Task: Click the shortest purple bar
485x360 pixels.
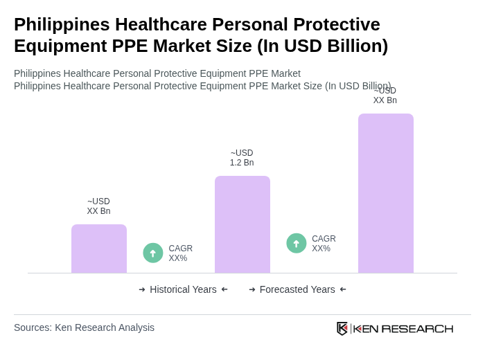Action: pos(99,249)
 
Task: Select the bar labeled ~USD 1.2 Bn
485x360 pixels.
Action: pos(242,224)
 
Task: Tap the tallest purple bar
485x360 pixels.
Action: pos(386,193)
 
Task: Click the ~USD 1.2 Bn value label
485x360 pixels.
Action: pos(242,158)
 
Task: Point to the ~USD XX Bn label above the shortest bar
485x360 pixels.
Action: pos(98,206)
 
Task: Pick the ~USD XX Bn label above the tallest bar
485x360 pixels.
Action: pos(385,96)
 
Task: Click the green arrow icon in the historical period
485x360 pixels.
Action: pos(153,253)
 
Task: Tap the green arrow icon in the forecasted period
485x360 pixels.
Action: pos(297,244)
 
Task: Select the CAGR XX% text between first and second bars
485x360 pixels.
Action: pos(180,253)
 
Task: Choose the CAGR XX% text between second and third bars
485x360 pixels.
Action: pos(324,244)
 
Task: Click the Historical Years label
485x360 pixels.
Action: pos(183,289)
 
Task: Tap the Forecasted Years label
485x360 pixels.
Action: pos(297,289)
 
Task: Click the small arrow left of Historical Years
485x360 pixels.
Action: pos(142,289)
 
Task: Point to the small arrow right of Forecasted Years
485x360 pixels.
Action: pos(343,289)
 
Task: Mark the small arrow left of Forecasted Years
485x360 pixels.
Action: pos(252,289)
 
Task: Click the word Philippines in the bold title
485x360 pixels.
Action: pos(61,24)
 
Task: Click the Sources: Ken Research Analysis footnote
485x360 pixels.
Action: pos(84,327)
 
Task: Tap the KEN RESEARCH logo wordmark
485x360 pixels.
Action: pos(403,329)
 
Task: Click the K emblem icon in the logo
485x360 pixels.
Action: pos(342,328)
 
